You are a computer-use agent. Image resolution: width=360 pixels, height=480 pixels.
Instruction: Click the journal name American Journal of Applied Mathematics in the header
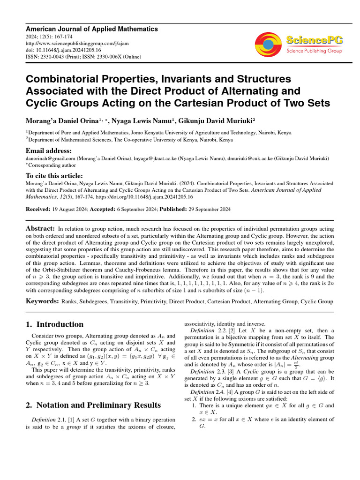click(91, 29)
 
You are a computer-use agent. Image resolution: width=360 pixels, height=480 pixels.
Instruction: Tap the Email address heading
click(49, 151)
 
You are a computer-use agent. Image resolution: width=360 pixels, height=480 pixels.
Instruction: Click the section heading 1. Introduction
click(54, 324)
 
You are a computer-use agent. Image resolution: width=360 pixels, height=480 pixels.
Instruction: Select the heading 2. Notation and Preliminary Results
click(93, 405)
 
